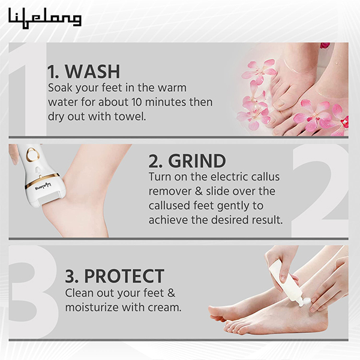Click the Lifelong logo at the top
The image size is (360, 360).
point(45,17)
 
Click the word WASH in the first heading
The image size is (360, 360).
point(92,71)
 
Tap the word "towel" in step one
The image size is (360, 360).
point(131,116)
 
